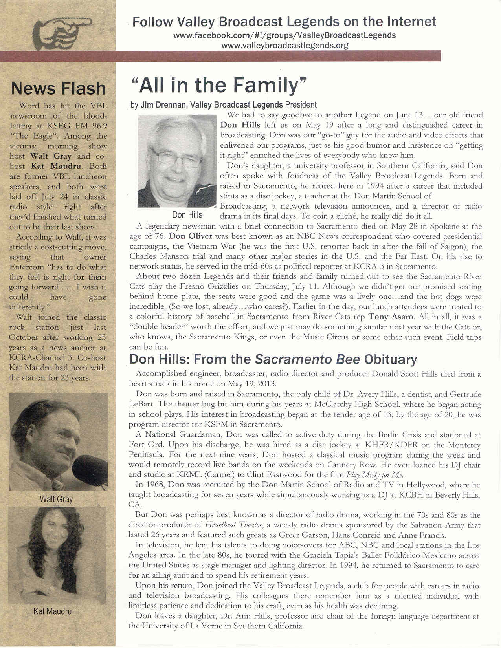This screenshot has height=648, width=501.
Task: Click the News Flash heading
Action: pos(59,88)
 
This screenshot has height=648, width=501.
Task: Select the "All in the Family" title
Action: pos(218,85)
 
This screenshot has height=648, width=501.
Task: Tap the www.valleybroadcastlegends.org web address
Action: pos(284,46)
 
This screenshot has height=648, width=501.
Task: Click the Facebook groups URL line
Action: pos(284,35)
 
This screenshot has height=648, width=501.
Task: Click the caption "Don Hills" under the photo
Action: pos(187,215)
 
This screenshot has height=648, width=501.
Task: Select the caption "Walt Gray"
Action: pos(56,499)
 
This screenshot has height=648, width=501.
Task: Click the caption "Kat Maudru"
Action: pos(52,611)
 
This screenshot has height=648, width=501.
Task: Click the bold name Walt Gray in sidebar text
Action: pos(51,156)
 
